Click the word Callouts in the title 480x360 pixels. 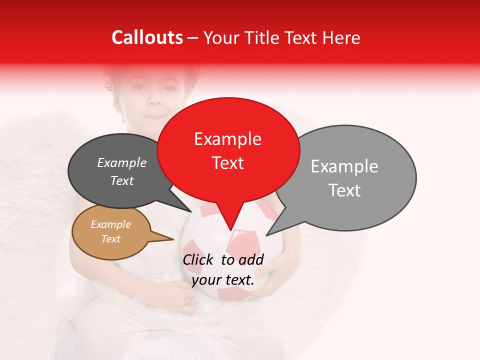(x=147, y=37)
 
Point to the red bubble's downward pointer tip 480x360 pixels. (x=230, y=230)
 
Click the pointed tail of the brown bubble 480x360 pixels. (x=173, y=239)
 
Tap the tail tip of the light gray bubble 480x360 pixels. (x=266, y=235)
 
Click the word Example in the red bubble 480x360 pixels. (x=227, y=139)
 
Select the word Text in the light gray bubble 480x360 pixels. (x=345, y=190)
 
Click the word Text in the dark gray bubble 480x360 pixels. (x=122, y=181)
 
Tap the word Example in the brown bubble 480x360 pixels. (x=110, y=224)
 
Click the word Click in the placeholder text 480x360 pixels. (x=199, y=259)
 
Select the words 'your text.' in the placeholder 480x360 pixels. (x=223, y=280)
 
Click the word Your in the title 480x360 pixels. (x=220, y=37)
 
